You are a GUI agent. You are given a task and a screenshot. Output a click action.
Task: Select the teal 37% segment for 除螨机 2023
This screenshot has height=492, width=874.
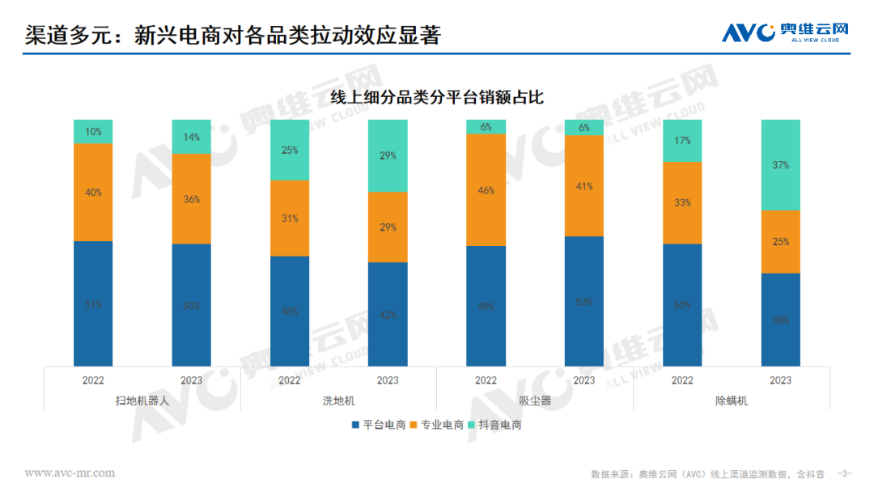[780, 165]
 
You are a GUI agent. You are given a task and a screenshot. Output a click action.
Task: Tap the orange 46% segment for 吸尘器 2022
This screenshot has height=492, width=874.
[486, 189]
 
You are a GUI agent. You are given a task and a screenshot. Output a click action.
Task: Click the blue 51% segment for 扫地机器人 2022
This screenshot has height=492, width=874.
[93, 304]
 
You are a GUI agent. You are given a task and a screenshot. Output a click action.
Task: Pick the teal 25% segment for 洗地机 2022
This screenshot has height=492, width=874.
[290, 150]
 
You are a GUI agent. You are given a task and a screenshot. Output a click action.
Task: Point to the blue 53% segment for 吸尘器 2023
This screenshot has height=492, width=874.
[584, 301]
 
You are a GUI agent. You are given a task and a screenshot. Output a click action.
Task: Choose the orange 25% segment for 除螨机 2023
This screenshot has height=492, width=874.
[780, 241]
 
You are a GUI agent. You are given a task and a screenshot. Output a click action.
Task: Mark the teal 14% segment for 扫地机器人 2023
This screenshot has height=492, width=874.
[191, 137]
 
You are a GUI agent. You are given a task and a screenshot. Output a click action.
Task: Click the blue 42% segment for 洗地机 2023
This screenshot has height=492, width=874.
[388, 314]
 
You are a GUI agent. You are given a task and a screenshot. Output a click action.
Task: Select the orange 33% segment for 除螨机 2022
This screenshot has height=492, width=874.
[682, 202]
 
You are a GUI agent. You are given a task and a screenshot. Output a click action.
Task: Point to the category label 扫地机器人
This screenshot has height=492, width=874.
[142, 401]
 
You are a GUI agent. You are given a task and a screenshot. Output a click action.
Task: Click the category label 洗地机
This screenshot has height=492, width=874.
[338, 401]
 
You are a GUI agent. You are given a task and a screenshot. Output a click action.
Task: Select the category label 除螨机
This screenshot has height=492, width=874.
[732, 401]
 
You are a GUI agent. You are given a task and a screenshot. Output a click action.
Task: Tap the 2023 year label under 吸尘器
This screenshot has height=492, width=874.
[584, 380]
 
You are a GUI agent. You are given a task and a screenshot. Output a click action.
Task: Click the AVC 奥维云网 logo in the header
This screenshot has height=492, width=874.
[785, 32]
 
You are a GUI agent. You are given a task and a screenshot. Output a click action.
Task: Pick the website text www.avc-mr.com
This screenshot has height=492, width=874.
[70, 473]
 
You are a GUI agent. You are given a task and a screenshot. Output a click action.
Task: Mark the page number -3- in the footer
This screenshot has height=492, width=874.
[844, 473]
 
